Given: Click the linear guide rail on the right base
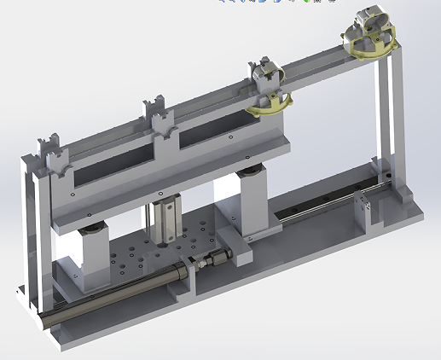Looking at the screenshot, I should [316, 210].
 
